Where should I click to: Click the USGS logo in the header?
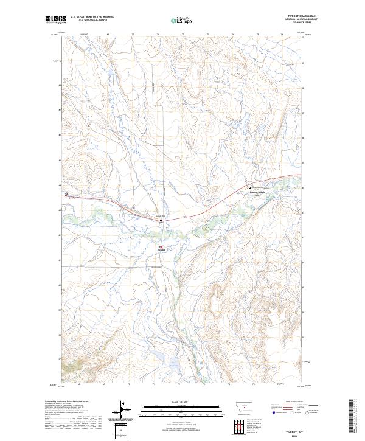(55, 19)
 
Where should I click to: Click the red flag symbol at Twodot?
(161, 247)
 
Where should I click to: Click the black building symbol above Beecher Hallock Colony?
(248, 187)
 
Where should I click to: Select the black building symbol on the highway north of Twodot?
(161, 220)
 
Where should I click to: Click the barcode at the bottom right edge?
(353, 420)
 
